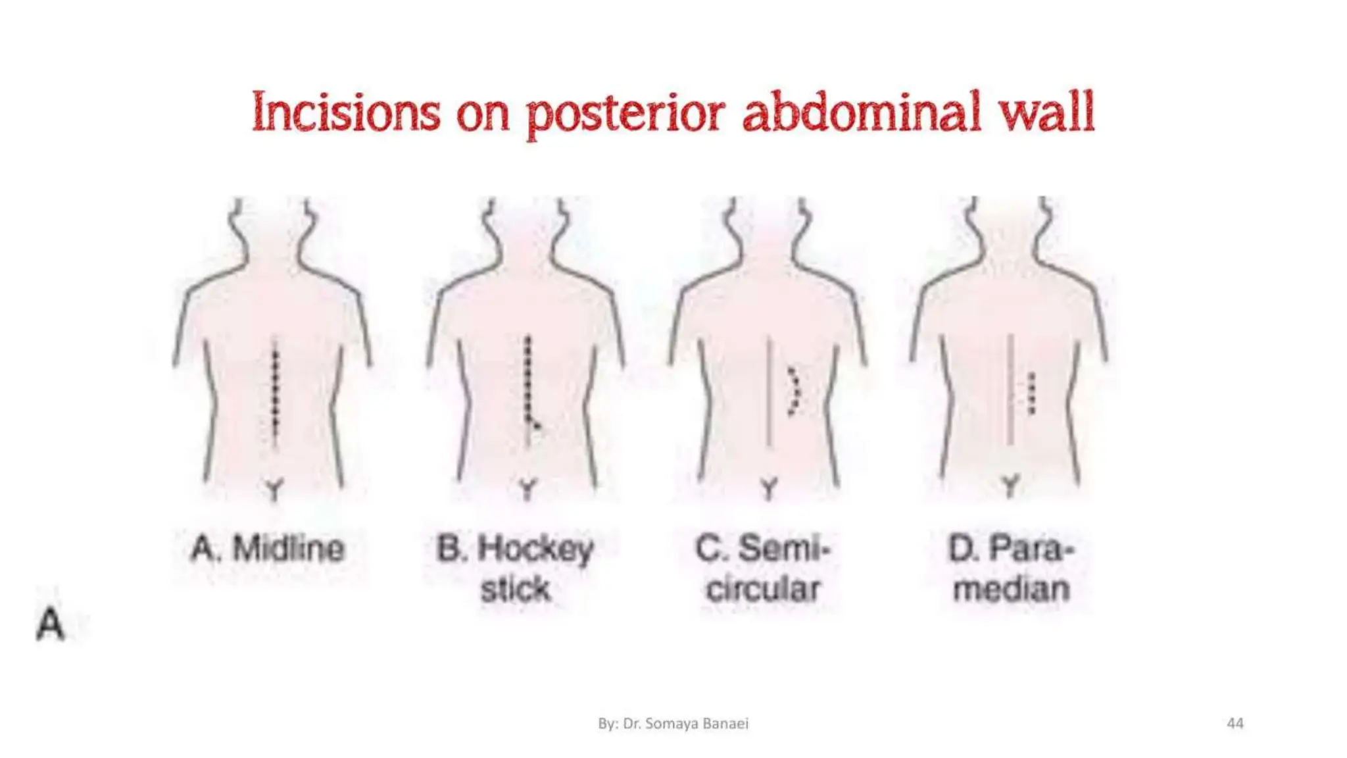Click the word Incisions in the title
click(x=346, y=112)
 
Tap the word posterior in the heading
click(x=625, y=113)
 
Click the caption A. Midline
click(x=268, y=549)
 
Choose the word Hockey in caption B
click(x=535, y=550)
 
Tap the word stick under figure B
click(x=515, y=589)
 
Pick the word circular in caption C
click(x=763, y=589)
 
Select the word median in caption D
click(x=1012, y=589)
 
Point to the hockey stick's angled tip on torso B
click(x=535, y=424)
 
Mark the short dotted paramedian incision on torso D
click(x=1032, y=393)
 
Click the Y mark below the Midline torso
click(x=274, y=490)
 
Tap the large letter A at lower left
click(x=51, y=624)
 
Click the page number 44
click(x=1235, y=724)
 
